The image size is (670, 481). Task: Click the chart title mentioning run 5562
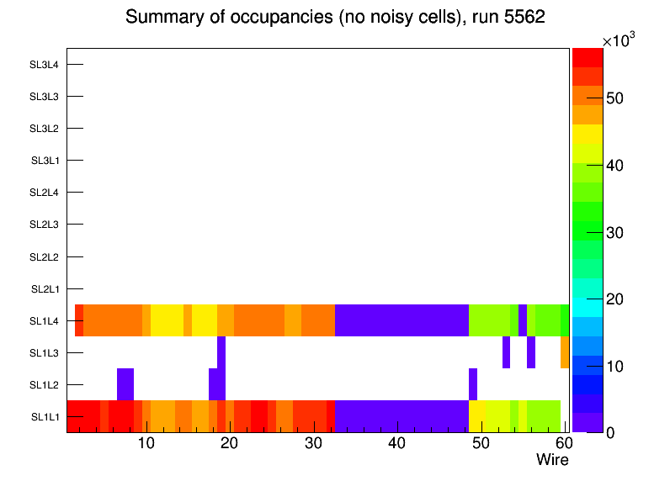point(335,18)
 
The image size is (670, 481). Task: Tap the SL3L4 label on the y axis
point(45,65)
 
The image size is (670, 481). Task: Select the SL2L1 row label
point(45,288)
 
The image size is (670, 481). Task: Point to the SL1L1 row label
point(45,417)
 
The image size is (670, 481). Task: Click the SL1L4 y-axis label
point(45,321)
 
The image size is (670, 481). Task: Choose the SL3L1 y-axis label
point(45,161)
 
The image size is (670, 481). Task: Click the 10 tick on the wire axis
point(146,443)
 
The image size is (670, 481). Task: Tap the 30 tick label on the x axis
point(313,443)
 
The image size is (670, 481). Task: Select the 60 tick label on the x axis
point(563,443)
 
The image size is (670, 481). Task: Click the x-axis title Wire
point(552,460)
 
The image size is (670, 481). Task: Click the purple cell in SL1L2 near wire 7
point(125,384)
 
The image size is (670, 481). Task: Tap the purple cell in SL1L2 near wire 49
point(473,384)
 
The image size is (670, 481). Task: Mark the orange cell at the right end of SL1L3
point(565,352)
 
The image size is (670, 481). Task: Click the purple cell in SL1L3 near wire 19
point(221,352)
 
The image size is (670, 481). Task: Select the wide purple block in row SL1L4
point(401,320)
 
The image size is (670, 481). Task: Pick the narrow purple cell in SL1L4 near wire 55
point(523,320)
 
